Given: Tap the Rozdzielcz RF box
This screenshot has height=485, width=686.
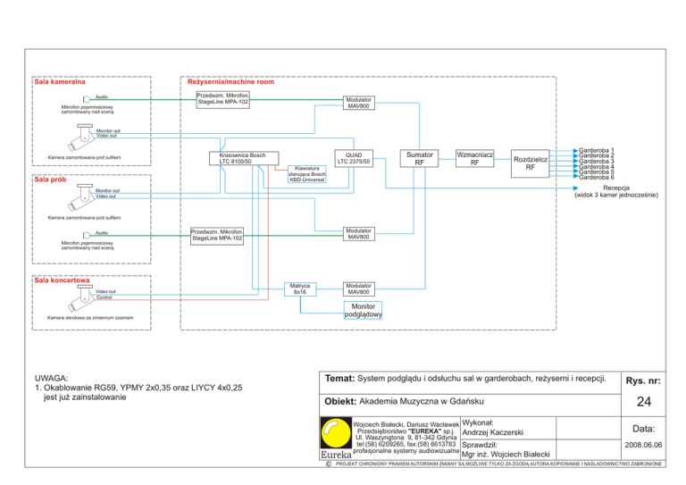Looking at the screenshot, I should pos(530,163).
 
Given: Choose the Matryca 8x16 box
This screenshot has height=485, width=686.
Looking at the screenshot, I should pos(299,288).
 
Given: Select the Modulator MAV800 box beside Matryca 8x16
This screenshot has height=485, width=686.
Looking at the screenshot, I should pos(360,288).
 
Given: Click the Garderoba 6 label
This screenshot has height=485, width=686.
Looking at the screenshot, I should pos(597,177).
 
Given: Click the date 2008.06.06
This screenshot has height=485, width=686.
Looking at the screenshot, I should pos(642,443).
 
